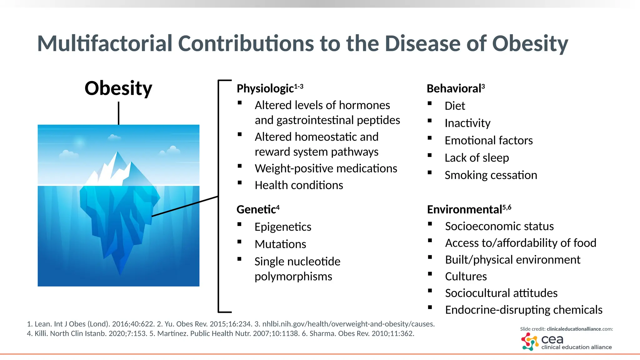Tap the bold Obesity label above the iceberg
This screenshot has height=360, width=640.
118,88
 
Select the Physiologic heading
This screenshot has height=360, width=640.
265,88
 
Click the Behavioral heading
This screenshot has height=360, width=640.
454,89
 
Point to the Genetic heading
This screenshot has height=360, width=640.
256,209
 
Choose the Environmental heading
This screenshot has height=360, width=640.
464,209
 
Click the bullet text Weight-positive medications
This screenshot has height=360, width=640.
326,168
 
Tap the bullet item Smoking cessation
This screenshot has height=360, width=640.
491,175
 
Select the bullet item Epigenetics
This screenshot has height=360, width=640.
283,227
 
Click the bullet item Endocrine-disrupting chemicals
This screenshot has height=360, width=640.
523,310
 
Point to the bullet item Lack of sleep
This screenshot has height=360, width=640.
477,158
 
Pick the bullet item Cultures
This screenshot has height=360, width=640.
466,276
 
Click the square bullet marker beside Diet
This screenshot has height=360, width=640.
430,103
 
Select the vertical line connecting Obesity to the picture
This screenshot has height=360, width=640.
119,113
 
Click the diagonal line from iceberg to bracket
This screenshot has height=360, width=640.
184,206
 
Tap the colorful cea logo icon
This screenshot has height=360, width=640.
529,342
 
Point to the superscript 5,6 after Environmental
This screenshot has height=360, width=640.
507,207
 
